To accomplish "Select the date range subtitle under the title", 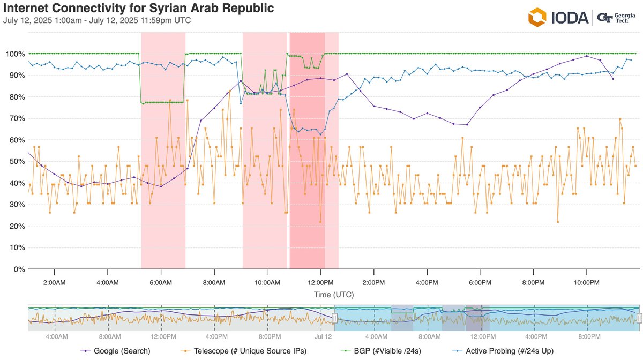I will (x=97, y=21).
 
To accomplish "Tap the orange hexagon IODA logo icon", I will (x=537, y=17).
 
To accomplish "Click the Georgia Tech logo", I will (x=617, y=17).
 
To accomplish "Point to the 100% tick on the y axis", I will (x=13, y=54).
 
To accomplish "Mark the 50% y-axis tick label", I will (x=15, y=162).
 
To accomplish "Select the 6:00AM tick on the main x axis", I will (x=160, y=282).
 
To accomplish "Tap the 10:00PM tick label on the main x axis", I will (x=586, y=282).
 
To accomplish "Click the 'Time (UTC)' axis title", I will (x=334, y=295).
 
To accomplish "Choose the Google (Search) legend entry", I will (x=118, y=351).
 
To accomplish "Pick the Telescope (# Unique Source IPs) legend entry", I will (x=241, y=351).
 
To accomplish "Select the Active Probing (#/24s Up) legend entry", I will (x=504, y=351).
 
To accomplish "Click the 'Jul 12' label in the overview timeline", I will (x=323, y=336).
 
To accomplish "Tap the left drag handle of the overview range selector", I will (x=334, y=318).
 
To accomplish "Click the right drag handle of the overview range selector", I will (x=639, y=318).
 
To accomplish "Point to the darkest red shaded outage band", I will (x=307, y=150).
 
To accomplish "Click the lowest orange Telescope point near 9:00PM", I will (x=558, y=221).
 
